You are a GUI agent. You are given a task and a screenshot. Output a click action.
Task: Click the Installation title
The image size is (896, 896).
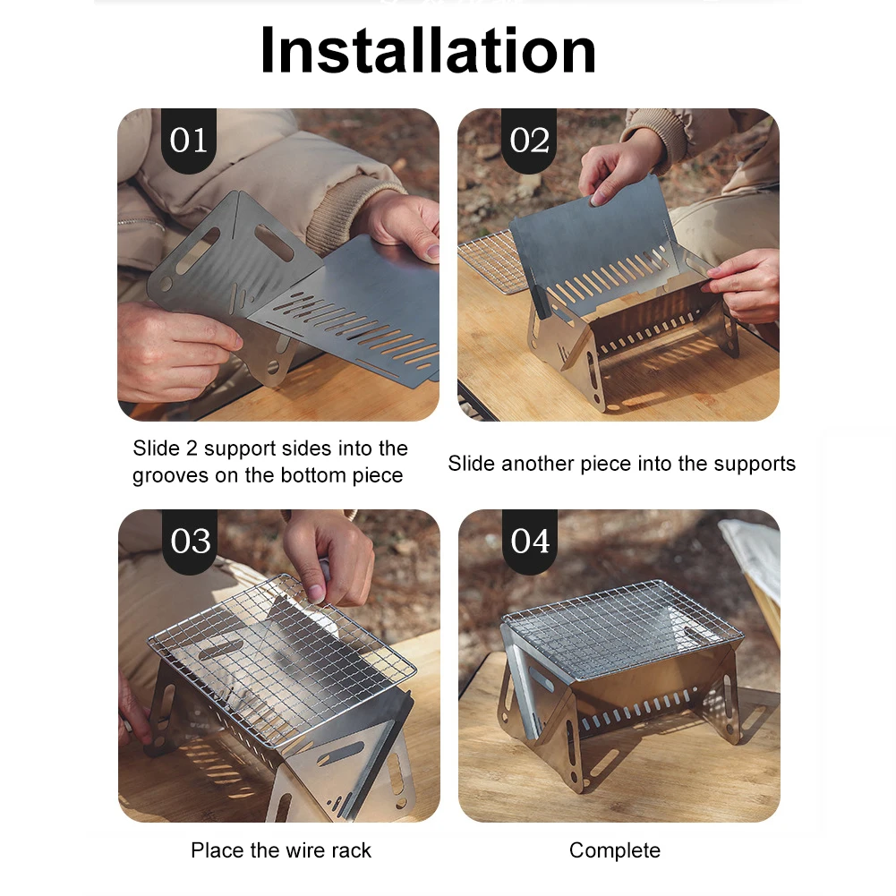pos(428,50)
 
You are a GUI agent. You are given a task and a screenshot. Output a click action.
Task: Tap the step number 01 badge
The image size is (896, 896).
pos(189,140)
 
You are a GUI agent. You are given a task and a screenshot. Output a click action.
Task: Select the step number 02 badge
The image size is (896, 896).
pos(529,140)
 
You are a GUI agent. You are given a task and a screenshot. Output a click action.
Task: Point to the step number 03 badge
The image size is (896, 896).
pos(190,542)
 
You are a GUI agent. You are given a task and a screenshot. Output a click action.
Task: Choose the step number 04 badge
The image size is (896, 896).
pos(530,542)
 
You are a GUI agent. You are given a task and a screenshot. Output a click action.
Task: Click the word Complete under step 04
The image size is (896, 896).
pos(615,850)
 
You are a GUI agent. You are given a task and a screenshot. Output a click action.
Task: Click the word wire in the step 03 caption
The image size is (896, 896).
pos(294,850)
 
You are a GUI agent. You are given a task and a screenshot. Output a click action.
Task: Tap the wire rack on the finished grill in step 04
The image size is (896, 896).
pos(623,628)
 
